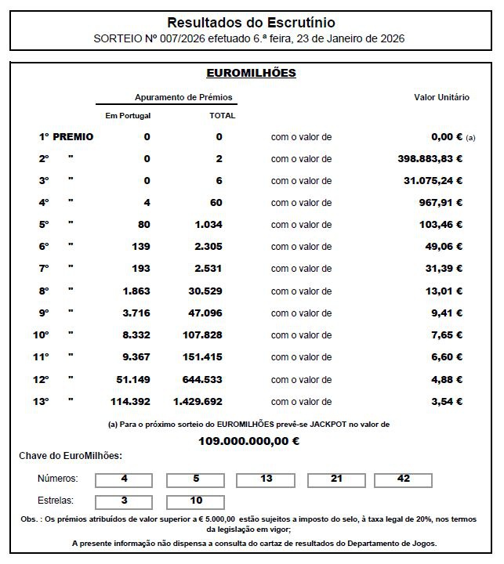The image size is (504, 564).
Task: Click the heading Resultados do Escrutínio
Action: [251, 23]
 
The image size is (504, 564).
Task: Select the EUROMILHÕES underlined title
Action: [251, 74]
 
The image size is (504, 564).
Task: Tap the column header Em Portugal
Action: [128, 115]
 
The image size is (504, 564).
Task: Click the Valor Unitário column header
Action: [441, 97]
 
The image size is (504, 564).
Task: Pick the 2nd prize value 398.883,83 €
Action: [430, 159]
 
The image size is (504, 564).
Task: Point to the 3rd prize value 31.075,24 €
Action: [434, 181]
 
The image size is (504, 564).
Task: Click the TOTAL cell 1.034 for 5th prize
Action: [208, 225]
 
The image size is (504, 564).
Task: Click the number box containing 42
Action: [404, 479]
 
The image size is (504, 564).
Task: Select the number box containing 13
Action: [266, 479]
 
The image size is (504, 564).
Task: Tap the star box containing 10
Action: [195, 501]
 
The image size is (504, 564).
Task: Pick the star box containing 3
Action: [125, 501]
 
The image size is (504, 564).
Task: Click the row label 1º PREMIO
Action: [67, 137]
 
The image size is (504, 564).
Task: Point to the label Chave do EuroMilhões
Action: [71, 456]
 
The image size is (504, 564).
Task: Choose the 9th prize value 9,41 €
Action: [448, 313]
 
